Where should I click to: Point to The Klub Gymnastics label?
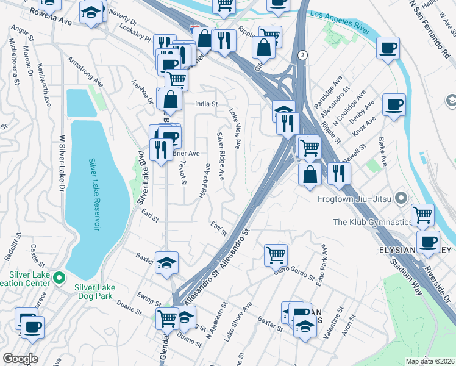[x=371, y=222]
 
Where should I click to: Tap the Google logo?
[x=20, y=359]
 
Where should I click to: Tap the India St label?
[x=206, y=104]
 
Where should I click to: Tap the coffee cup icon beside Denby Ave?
[x=394, y=105]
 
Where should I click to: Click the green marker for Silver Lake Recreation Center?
[x=59, y=279]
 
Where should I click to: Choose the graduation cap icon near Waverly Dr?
[x=91, y=12]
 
